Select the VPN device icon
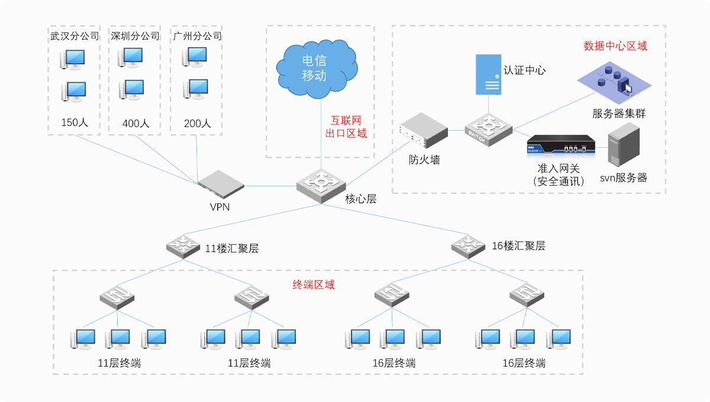tap(221, 183)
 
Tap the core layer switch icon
tap(321, 187)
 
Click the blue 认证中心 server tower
tap(489, 74)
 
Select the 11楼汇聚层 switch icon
tap(183, 245)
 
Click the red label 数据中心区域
tap(615, 46)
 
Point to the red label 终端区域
tap(314, 285)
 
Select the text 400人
tap(135, 124)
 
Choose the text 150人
tap(75, 123)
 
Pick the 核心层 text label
tap(361, 199)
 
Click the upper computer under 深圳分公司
tap(131, 57)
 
